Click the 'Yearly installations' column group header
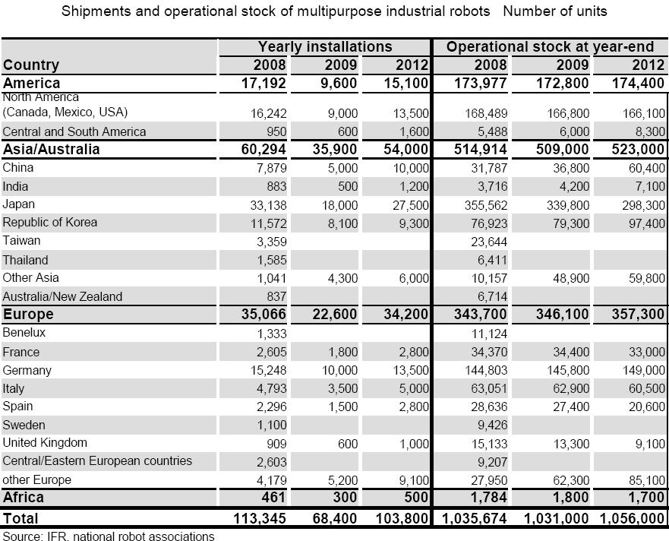324,47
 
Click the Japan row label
19,204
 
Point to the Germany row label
27,371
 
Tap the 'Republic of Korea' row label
50,223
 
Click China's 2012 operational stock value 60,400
646,168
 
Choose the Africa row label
24,498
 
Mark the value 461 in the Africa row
274,498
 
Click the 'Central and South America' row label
74,131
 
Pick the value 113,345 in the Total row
260,518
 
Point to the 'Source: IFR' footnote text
109,536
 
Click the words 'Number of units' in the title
554,11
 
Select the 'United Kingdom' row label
45,443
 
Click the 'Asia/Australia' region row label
52,150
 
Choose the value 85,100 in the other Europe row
646,480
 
